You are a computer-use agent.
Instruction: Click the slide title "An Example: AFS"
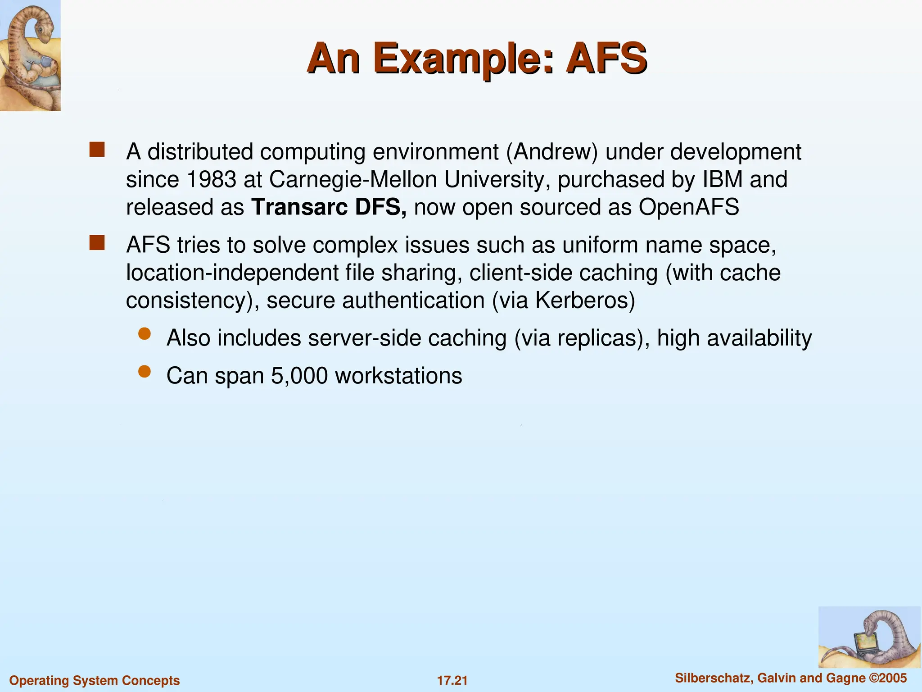click(x=477, y=59)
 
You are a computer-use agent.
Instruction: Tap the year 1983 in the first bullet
click(x=211, y=179)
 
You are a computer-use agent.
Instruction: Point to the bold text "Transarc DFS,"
click(x=329, y=207)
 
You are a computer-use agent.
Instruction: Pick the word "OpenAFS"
click(x=688, y=207)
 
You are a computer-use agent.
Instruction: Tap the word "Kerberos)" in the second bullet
click(x=585, y=300)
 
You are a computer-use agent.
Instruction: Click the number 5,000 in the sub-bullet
click(x=299, y=376)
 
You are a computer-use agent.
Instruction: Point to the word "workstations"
click(x=398, y=376)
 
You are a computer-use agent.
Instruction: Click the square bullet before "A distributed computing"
click(x=97, y=150)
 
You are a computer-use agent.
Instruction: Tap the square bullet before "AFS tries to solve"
click(x=97, y=243)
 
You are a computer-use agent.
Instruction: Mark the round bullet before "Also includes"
click(x=145, y=334)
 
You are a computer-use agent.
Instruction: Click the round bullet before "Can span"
click(x=145, y=372)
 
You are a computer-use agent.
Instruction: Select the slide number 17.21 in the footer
click(x=452, y=680)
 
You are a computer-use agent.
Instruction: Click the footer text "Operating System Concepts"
click(x=95, y=680)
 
